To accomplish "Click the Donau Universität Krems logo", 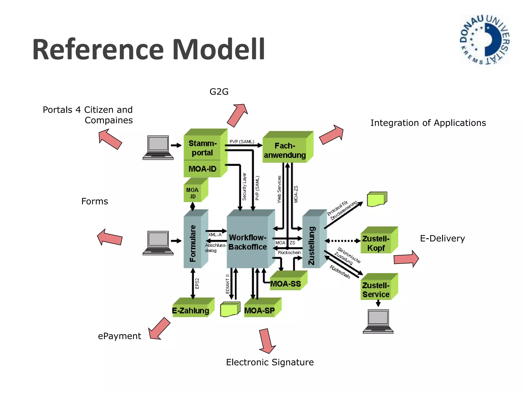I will (x=485, y=40).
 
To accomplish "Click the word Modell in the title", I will (x=219, y=49).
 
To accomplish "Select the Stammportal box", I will (x=202, y=148).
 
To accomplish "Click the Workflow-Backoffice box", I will (x=247, y=242).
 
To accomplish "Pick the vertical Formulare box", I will (x=193, y=243).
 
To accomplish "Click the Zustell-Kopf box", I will (x=376, y=243).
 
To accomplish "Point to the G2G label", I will (x=219, y=92).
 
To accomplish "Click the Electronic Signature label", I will (x=270, y=362).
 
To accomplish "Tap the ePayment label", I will (x=119, y=336).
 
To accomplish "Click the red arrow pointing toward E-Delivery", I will (x=406, y=259).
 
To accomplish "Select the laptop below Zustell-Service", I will (x=378, y=321).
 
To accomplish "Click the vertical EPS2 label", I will (x=197, y=283).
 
